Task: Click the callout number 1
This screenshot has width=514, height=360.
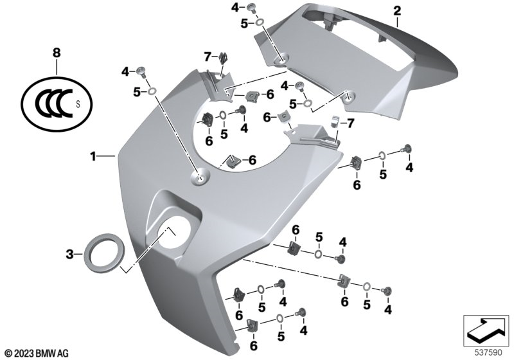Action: pos(93,156)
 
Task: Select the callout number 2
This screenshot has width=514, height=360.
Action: pos(397,11)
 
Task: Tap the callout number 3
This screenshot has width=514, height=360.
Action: pos(69,254)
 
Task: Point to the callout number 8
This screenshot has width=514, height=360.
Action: pos(57,53)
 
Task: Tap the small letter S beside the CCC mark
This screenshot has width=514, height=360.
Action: pos(78,105)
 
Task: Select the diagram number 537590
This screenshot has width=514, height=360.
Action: pos(488,353)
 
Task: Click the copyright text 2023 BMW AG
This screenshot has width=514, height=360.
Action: pos(37,354)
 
